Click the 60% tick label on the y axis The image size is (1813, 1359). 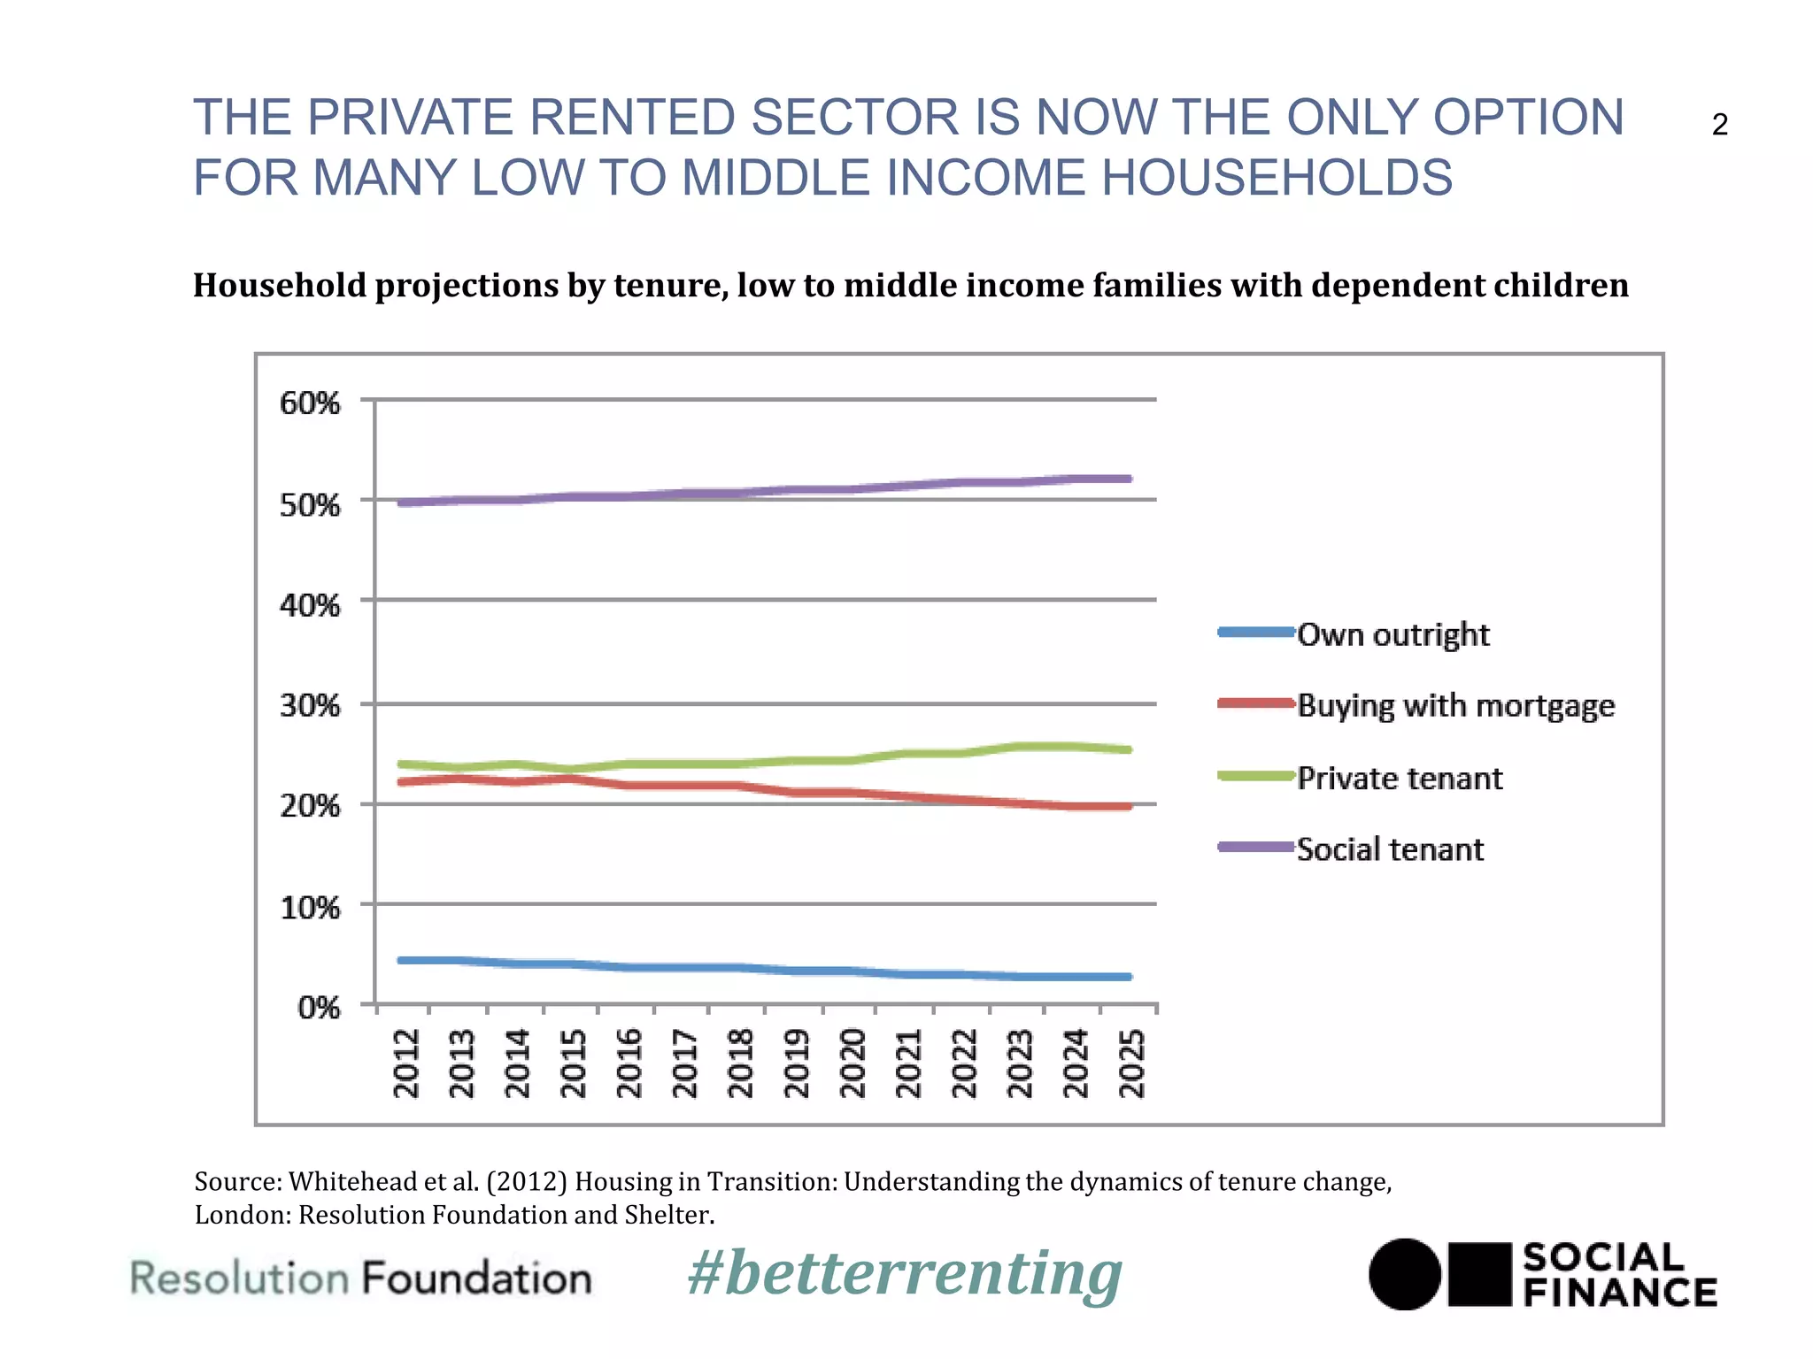[310, 403]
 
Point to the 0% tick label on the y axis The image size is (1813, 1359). [319, 1007]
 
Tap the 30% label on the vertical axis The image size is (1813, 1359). [310, 706]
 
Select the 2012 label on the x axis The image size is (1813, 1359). [406, 1063]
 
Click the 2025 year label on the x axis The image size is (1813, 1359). [1132, 1063]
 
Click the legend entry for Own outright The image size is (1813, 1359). [1393, 634]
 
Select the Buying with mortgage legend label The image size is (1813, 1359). [1455, 705]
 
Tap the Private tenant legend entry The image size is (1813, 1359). [1400, 778]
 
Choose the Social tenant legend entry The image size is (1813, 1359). [1390, 849]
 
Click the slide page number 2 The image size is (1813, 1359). [1719, 125]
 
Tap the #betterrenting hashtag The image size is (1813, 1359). [905, 1274]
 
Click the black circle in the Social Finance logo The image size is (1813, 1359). [1405, 1274]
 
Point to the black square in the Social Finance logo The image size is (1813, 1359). [1479, 1274]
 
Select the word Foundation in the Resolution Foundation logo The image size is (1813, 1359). [476, 1279]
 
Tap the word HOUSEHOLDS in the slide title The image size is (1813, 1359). [1277, 177]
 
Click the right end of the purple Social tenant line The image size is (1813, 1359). [1128, 479]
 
